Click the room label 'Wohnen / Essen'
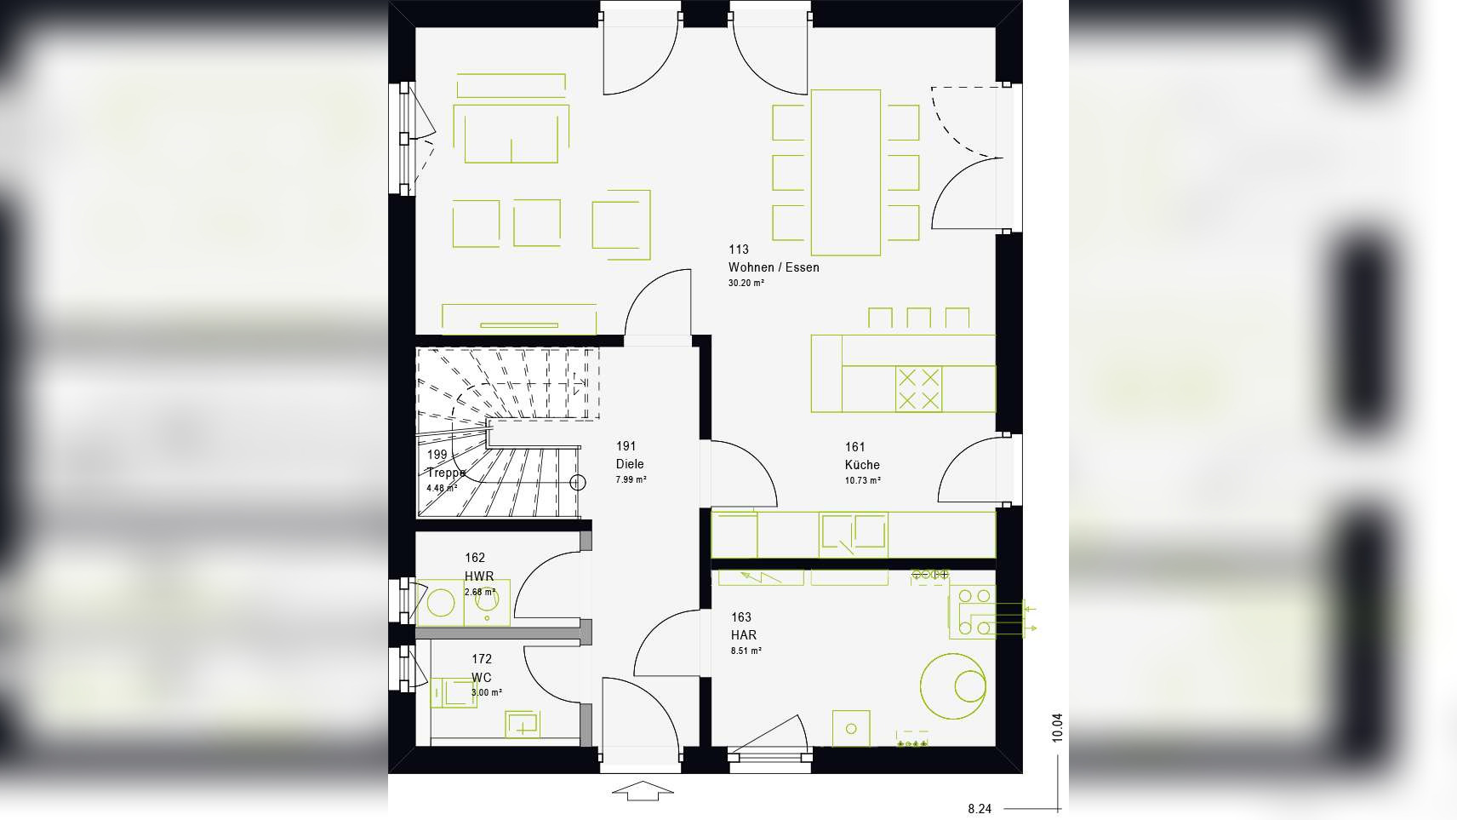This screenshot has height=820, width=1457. coord(774,267)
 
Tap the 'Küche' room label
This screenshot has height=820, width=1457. coord(862,465)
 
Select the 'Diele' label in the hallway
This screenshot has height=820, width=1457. coord(630,464)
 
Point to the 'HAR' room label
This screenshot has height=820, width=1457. coord(743,635)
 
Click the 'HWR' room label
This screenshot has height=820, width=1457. coord(479,576)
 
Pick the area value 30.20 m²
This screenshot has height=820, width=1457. coord(746,283)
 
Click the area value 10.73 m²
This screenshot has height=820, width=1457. coord(862,480)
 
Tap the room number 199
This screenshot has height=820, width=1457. coord(437,455)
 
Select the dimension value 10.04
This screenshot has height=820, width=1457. coord(1057,727)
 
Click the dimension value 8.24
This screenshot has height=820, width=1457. coord(980,809)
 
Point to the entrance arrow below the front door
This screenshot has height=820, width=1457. coord(643,791)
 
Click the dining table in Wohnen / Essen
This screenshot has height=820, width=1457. coord(845,172)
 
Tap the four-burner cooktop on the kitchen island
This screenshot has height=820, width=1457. coord(917,389)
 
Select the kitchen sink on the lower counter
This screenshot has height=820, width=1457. coord(853,534)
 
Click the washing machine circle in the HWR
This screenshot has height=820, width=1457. coord(440,604)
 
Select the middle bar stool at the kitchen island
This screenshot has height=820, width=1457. coord(918,318)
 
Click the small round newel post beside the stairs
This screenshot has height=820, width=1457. coord(578,483)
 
